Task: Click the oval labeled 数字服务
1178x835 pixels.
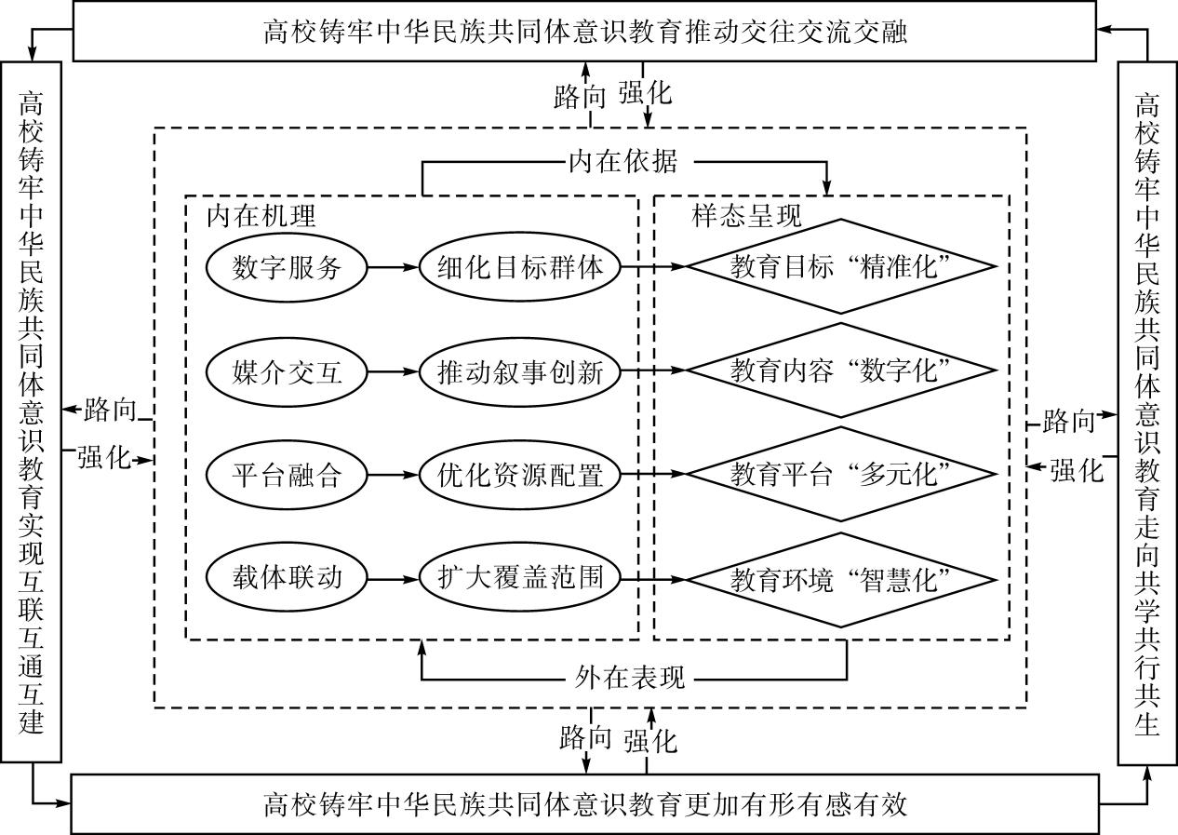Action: (287, 267)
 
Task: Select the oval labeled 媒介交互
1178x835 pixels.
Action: (287, 372)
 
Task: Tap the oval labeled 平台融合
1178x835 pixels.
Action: (287, 476)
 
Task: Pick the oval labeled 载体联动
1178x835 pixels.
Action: (287, 577)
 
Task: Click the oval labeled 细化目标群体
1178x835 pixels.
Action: (520, 267)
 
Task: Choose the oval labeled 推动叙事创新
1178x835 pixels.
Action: (520, 372)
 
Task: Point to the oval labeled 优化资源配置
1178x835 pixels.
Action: (520, 476)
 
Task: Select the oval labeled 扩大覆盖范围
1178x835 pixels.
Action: (520, 577)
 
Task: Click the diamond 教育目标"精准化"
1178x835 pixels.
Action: (840, 266)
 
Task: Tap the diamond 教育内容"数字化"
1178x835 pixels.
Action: (840, 370)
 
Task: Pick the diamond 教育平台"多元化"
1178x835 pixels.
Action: (840, 475)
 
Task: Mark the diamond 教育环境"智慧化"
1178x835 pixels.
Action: (840, 579)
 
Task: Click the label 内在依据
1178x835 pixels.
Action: (622, 161)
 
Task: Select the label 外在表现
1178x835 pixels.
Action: (630, 677)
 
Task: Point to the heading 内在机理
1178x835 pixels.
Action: (261, 216)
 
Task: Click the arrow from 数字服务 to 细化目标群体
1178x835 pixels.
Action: (394, 267)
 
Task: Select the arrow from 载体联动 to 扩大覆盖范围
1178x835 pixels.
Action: (394, 578)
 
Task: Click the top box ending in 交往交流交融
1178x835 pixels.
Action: (584, 33)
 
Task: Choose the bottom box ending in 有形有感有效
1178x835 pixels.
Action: (584, 802)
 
